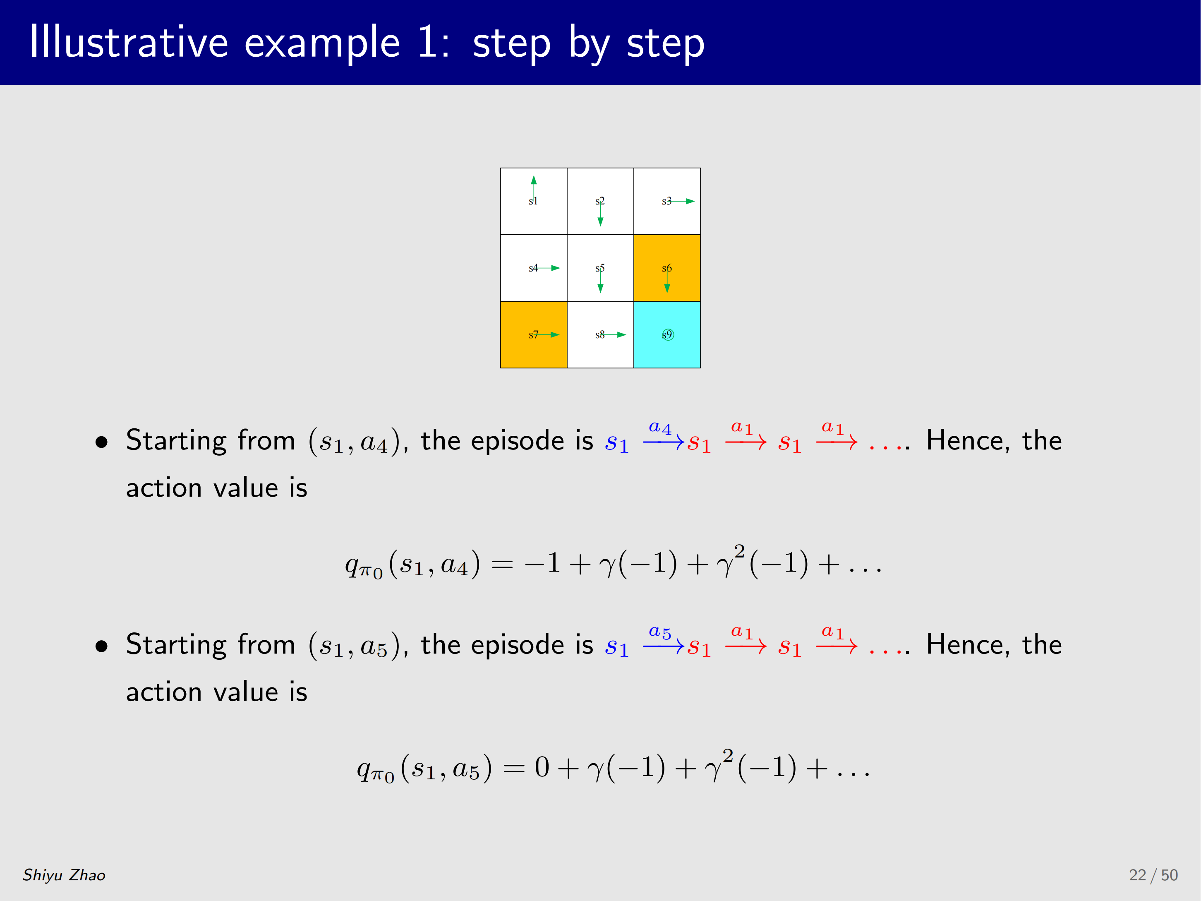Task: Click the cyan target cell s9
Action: (x=667, y=334)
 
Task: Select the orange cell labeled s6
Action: (x=667, y=268)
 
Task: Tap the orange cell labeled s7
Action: (x=534, y=334)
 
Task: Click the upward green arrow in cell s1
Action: (x=534, y=188)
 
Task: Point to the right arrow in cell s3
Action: (x=681, y=201)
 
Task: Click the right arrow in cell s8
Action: (x=614, y=334)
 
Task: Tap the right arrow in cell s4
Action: (x=547, y=268)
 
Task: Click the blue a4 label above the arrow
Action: (x=660, y=428)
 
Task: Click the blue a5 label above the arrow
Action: (x=660, y=632)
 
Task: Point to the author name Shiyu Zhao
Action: (x=64, y=875)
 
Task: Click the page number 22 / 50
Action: (x=1153, y=875)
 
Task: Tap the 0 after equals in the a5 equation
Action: (x=542, y=767)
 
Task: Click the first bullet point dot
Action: (x=101, y=442)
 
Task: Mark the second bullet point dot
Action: (x=101, y=646)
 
